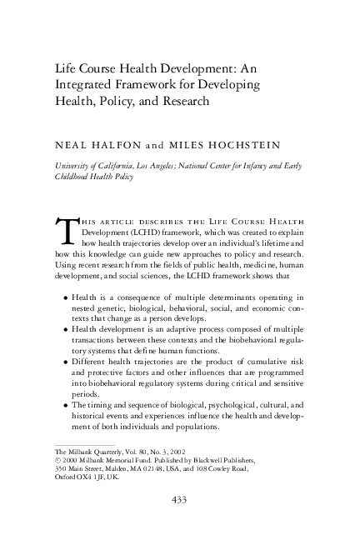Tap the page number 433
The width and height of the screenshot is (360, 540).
point(180,499)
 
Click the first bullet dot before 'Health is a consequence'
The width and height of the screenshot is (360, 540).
point(66,297)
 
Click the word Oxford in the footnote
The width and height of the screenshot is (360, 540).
point(67,478)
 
